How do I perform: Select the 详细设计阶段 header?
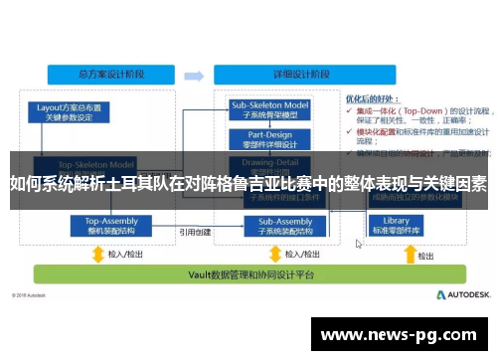(259, 75)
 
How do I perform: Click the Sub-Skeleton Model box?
(270, 108)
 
